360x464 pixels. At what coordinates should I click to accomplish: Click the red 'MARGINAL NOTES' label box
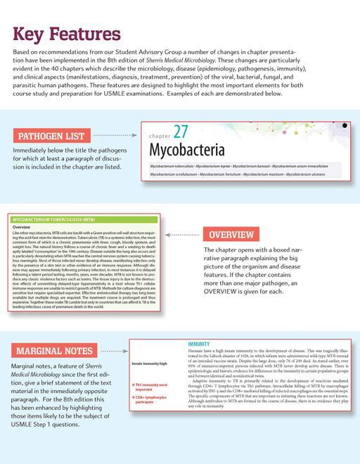point(54,349)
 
